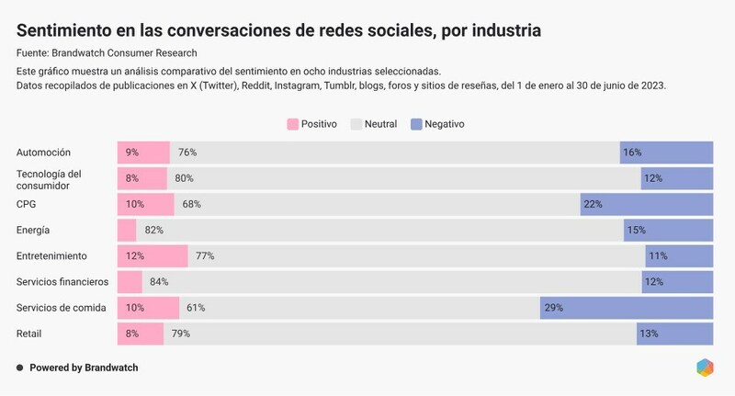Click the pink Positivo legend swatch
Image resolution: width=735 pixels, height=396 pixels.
[294, 124]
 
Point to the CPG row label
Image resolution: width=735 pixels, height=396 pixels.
[28, 204]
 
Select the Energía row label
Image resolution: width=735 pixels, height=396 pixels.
[33, 230]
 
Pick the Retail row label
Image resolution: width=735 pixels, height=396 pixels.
[30, 334]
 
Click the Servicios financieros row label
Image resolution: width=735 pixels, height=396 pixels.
[63, 281]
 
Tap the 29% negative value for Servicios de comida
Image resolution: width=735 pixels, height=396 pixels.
[553, 308]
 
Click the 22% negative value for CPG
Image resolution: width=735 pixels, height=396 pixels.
[594, 204]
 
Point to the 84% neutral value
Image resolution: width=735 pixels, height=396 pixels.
[159, 281]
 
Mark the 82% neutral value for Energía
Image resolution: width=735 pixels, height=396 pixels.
[153, 230]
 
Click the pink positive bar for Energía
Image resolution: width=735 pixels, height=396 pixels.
[127, 230]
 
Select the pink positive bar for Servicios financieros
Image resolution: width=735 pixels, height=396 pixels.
[130, 281]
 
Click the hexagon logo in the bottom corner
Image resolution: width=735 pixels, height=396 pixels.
[705, 368]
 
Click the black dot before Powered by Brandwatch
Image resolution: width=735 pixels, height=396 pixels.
[19, 368]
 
